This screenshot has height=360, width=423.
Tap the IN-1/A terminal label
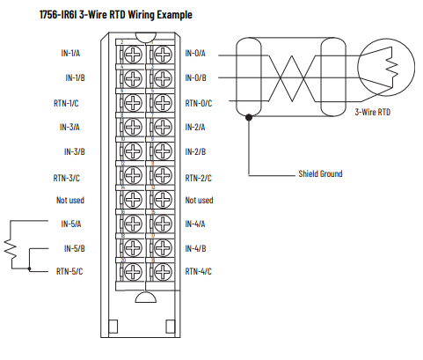[72, 55]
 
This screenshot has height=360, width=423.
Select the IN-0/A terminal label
[198, 55]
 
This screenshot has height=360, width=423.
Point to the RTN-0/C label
[199, 103]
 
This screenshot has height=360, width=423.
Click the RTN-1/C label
[69, 103]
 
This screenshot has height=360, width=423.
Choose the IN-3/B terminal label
[72, 151]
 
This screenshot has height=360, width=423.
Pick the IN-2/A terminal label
[198, 128]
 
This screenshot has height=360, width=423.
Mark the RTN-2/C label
[199, 177]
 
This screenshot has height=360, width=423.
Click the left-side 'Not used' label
[69, 200]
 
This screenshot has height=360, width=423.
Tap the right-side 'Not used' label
[199, 200]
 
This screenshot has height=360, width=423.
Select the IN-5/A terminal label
[72, 224]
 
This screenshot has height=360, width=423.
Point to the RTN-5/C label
[69, 271]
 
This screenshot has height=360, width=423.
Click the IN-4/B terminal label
[198, 248]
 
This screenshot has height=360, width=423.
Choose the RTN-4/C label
[199, 271]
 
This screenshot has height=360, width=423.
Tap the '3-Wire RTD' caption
[373, 113]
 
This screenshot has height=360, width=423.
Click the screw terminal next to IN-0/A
[160, 54]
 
